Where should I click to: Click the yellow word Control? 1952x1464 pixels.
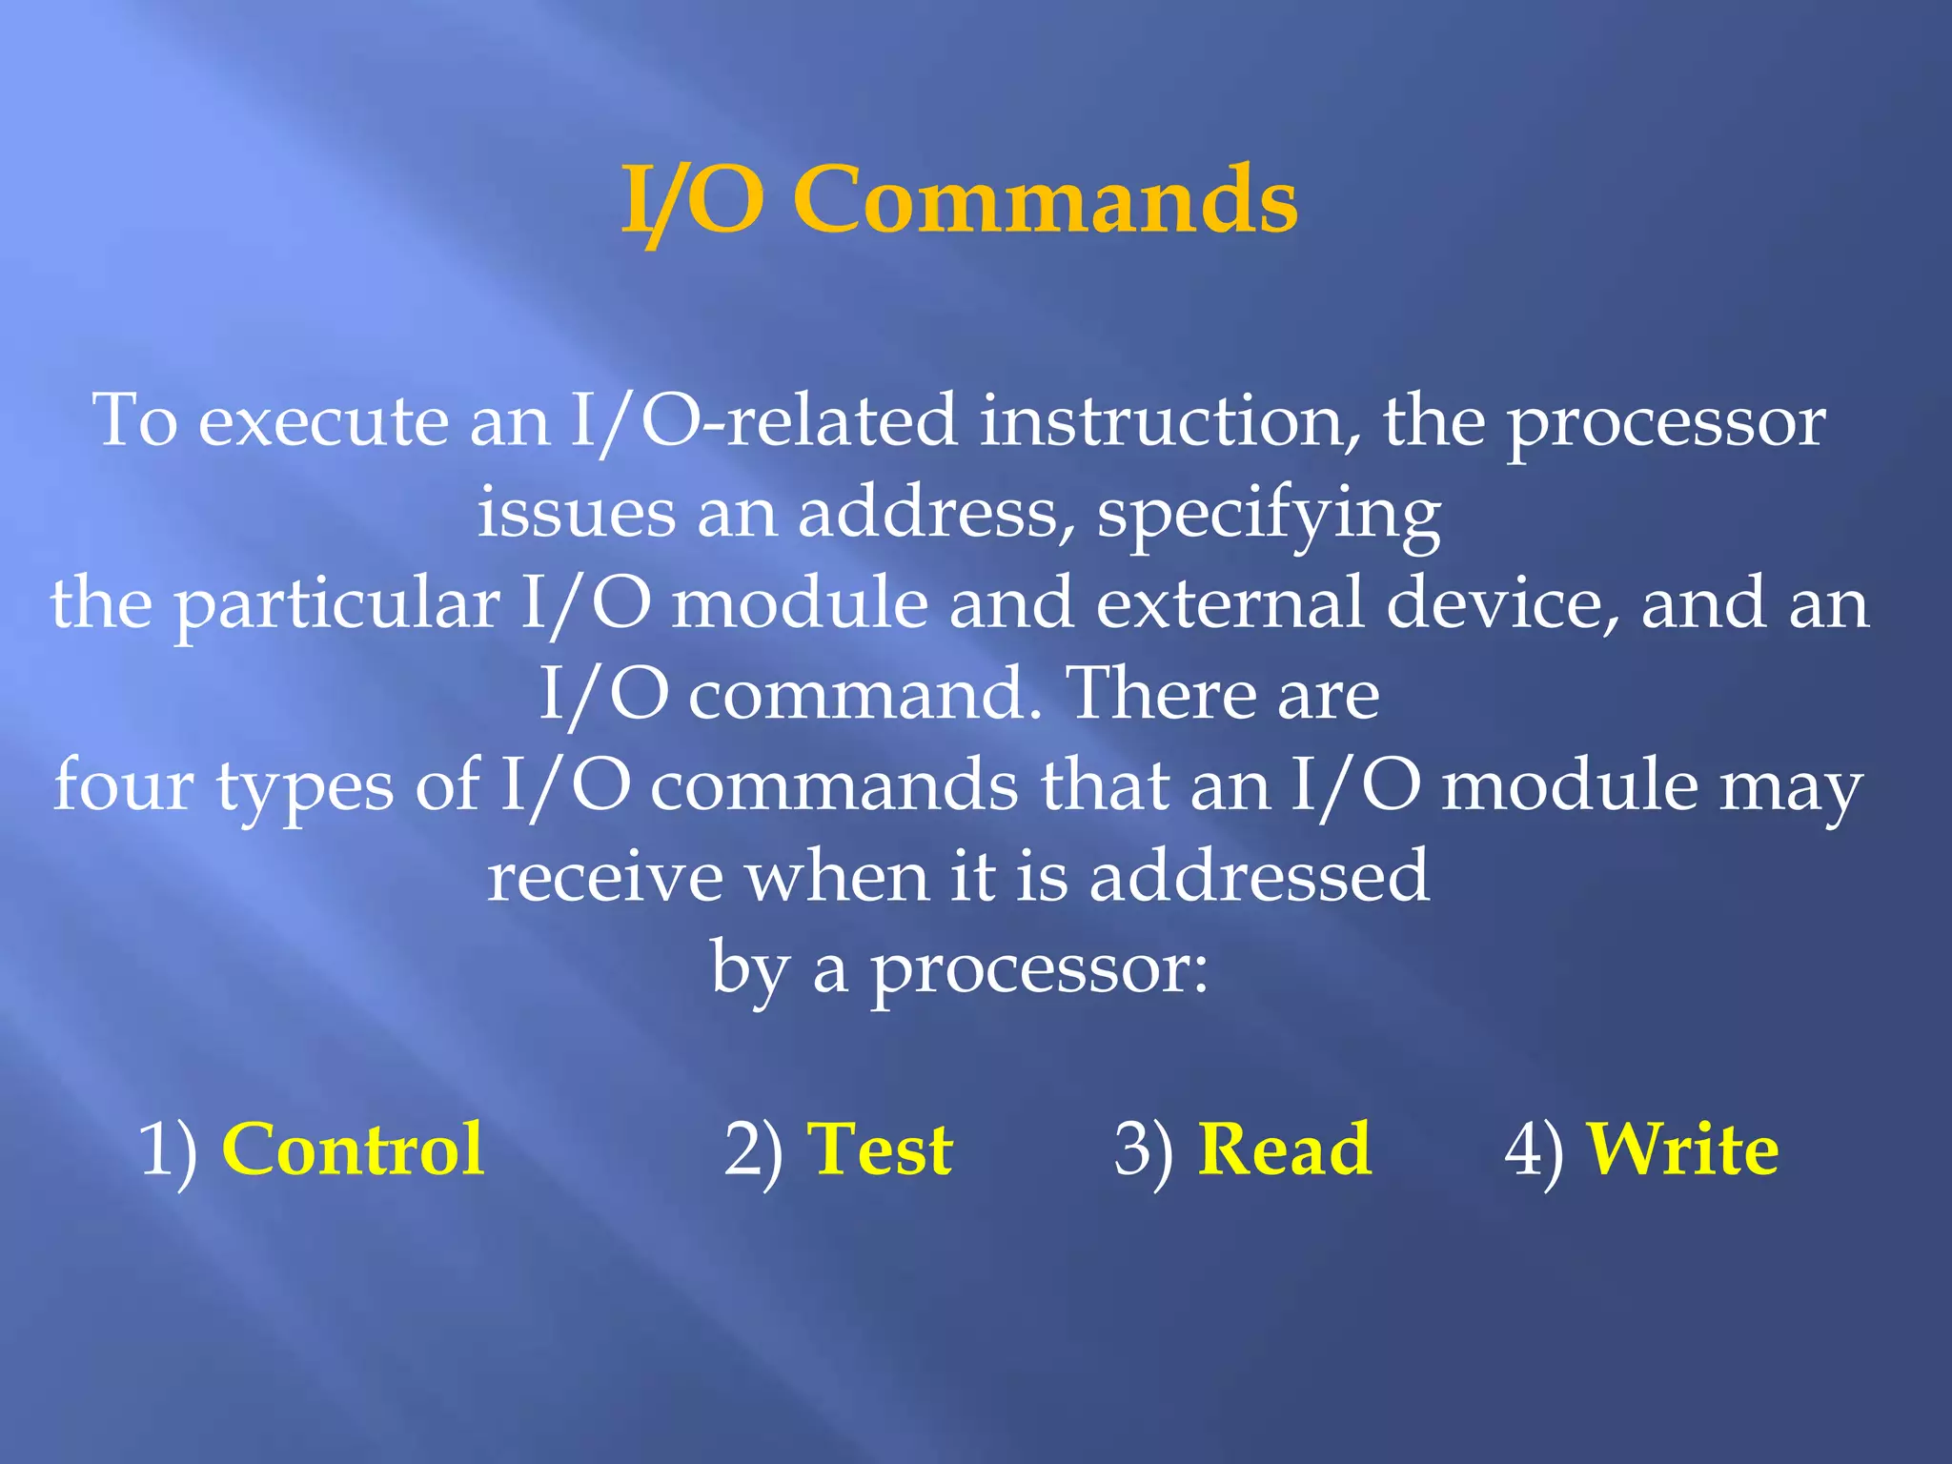click(353, 1149)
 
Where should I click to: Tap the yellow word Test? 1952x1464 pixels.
click(879, 1149)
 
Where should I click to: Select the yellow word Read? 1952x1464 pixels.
click(1284, 1149)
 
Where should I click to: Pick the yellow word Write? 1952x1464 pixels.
click(1682, 1149)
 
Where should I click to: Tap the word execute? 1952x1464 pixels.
click(323, 422)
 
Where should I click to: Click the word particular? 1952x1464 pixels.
click(337, 605)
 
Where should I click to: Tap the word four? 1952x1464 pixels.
click(124, 785)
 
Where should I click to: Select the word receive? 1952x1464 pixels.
click(605, 877)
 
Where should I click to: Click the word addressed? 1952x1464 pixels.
click(1259, 877)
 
